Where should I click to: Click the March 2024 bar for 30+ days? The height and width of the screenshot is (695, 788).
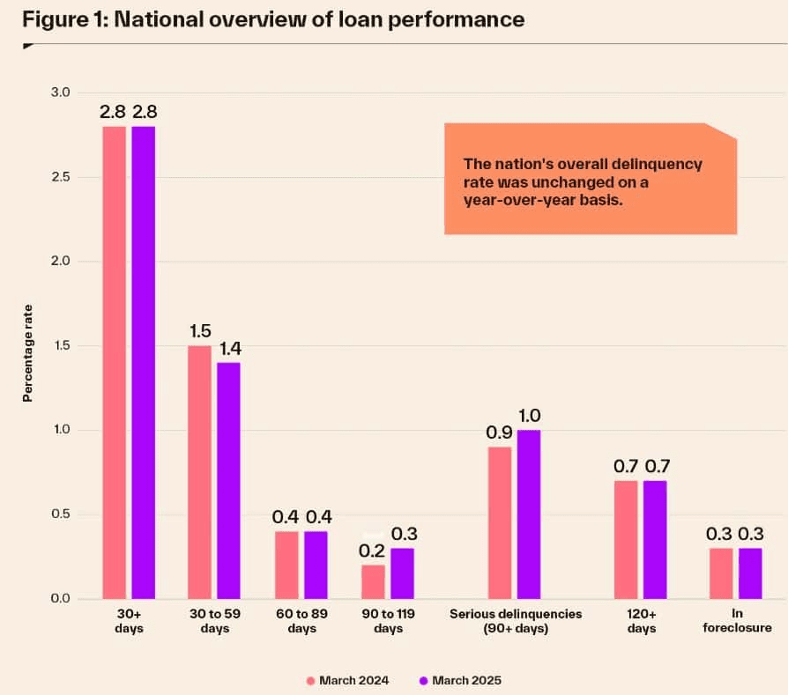click(x=115, y=362)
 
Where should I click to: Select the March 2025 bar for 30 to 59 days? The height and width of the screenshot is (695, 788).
click(x=228, y=480)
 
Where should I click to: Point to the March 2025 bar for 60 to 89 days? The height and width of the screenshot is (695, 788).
click(x=315, y=565)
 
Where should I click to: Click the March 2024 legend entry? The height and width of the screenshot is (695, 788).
click(x=347, y=680)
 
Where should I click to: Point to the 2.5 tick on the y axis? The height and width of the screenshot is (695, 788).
click(x=63, y=177)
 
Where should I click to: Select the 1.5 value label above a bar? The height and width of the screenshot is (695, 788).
click(x=200, y=331)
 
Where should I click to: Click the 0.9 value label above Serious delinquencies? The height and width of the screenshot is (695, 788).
click(x=499, y=433)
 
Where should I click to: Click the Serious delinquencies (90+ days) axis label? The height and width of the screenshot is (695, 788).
click(x=516, y=621)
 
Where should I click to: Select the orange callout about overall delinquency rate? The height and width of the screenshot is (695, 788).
click(x=590, y=180)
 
